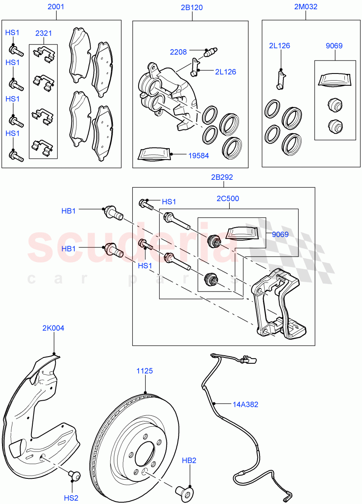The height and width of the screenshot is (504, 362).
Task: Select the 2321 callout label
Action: pyautogui.click(x=43, y=33)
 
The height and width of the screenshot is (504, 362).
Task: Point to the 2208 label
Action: pyautogui.click(x=178, y=52)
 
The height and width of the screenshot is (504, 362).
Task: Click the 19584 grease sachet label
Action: pyautogui.click(x=198, y=155)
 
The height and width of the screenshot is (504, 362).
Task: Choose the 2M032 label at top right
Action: pyautogui.click(x=305, y=7)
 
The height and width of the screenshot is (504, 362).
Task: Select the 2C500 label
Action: pyautogui.click(x=228, y=198)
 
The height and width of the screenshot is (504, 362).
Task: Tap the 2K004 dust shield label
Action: pyautogui.click(x=53, y=328)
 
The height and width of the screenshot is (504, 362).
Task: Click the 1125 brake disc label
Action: pyautogui.click(x=144, y=371)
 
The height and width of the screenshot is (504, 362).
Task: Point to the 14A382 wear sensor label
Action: pyautogui.click(x=245, y=404)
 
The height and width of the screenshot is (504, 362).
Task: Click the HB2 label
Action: pyautogui.click(x=189, y=461)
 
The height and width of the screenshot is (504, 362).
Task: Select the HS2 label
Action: pyautogui.click(x=71, y=498)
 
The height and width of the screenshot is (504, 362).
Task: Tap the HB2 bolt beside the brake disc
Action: pyautogui.click(x=184, y=491)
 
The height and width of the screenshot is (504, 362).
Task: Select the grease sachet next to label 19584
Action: pyautogui.click(x=155, y=154)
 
